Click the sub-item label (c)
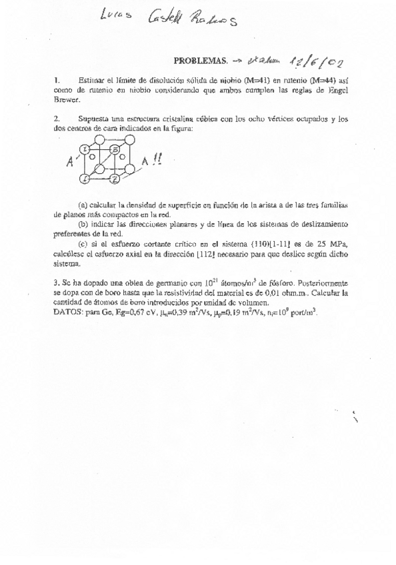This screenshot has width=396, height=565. click(84, 245)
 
